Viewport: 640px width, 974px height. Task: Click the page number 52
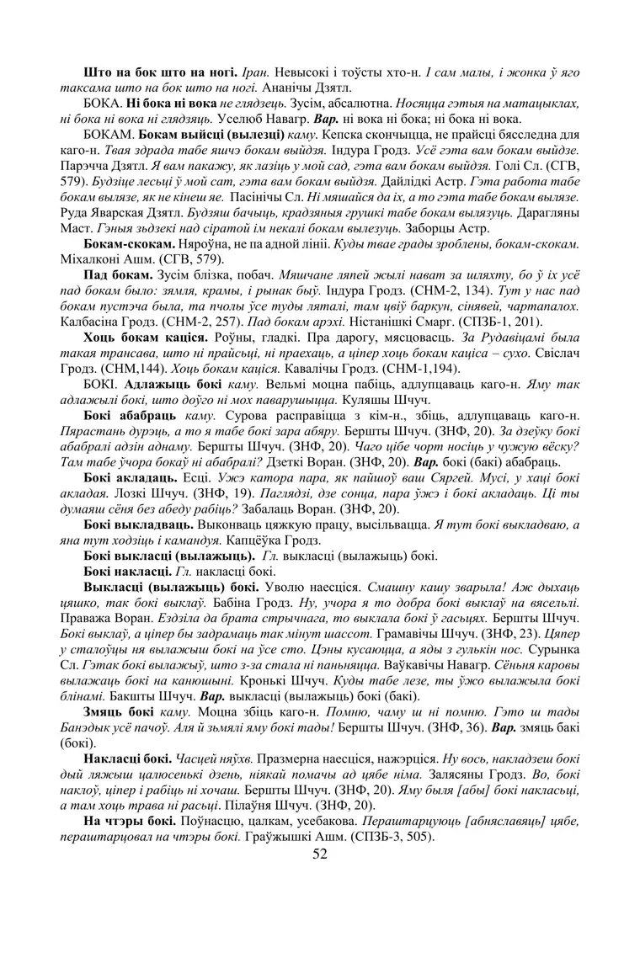[319, 854]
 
